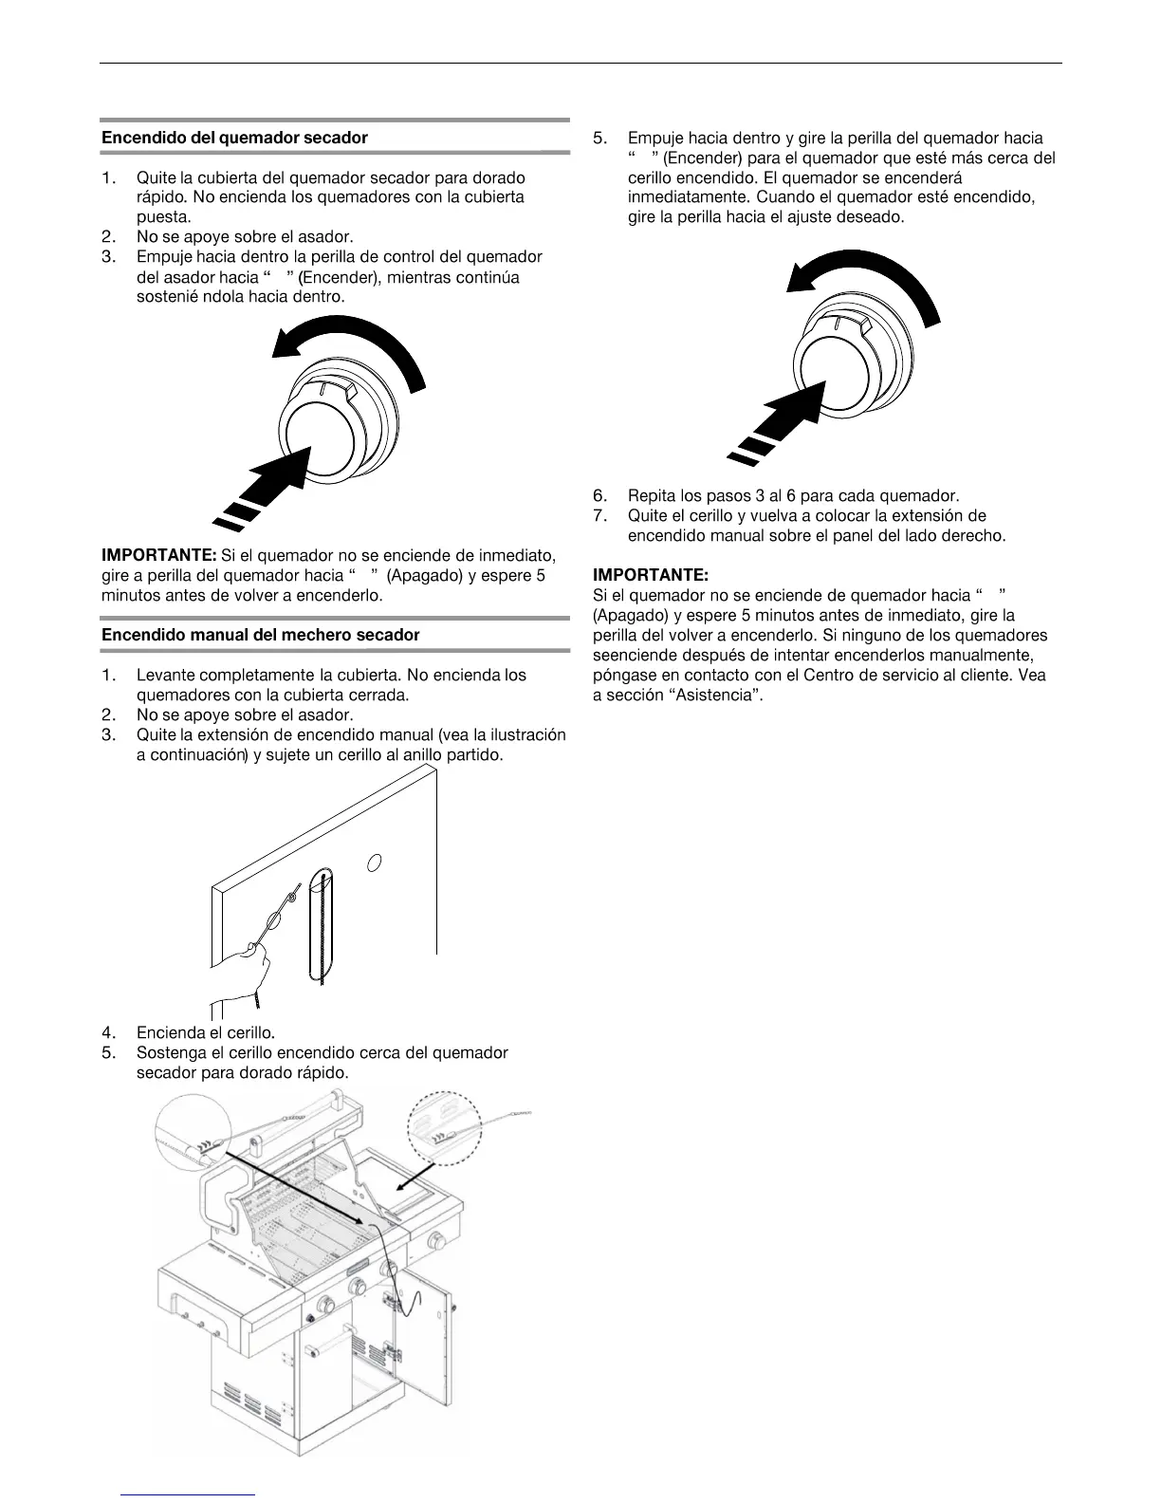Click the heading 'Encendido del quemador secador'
[x=234, y=138]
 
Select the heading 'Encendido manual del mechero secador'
[x=260, y=634]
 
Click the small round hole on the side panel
[x=375, y=863]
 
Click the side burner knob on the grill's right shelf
[x=437, y=1241]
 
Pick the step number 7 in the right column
[x=599, y=516]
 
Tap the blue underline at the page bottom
[x=189, y=1494]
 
